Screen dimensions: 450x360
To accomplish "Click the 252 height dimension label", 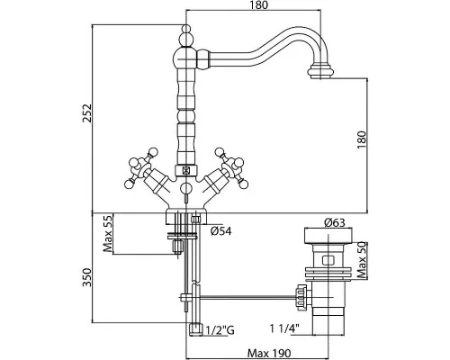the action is tap(87, 113).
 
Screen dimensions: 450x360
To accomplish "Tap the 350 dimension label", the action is tap(87, 277).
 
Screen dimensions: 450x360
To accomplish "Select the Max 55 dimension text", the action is tap(107, 233).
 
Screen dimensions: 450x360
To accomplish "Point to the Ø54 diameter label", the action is tap(220, 231).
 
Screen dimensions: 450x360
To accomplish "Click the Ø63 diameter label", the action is tap(335, 223).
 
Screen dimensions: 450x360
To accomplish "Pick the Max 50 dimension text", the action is tap(363, 260).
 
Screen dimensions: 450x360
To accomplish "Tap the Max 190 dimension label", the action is tap(269, 353).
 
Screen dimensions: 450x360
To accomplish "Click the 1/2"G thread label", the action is tap(220, 330).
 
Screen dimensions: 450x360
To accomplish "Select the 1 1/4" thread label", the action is tap(285, 328).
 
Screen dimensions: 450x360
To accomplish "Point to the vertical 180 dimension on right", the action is tap(362, 140).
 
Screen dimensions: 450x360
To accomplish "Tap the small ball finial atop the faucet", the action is tap(186, 30).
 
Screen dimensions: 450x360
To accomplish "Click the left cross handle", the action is tap(140, 167).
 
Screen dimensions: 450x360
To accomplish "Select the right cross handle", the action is tap(232, 167).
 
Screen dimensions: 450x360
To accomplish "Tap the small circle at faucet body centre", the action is tap(186, 189).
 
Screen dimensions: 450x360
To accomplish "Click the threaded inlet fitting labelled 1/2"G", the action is tap(196, 329).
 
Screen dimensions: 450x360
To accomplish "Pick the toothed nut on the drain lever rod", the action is tap(301, 297).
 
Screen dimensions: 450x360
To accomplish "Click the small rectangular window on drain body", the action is tap(328, 260).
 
